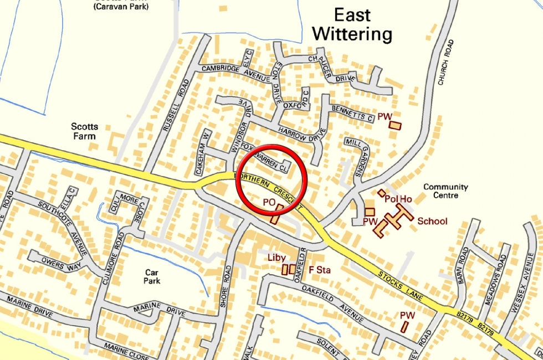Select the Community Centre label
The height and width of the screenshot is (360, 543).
pos(445,191)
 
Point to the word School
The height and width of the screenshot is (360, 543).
pos(432,221)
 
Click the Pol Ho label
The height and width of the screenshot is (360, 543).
pos(398,199)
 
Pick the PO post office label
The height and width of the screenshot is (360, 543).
pos(269,204)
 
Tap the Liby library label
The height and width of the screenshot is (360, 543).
pos(276,258)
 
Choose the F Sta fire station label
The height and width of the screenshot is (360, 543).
pos(319,270)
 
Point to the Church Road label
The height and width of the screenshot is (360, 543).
pos(445,62)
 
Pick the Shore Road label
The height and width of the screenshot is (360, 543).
pos(225,286)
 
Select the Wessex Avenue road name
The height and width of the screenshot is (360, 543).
pos(521,294)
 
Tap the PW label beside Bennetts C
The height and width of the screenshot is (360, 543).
pos(385,117)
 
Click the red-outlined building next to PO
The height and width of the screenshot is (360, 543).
pos(276,214)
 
